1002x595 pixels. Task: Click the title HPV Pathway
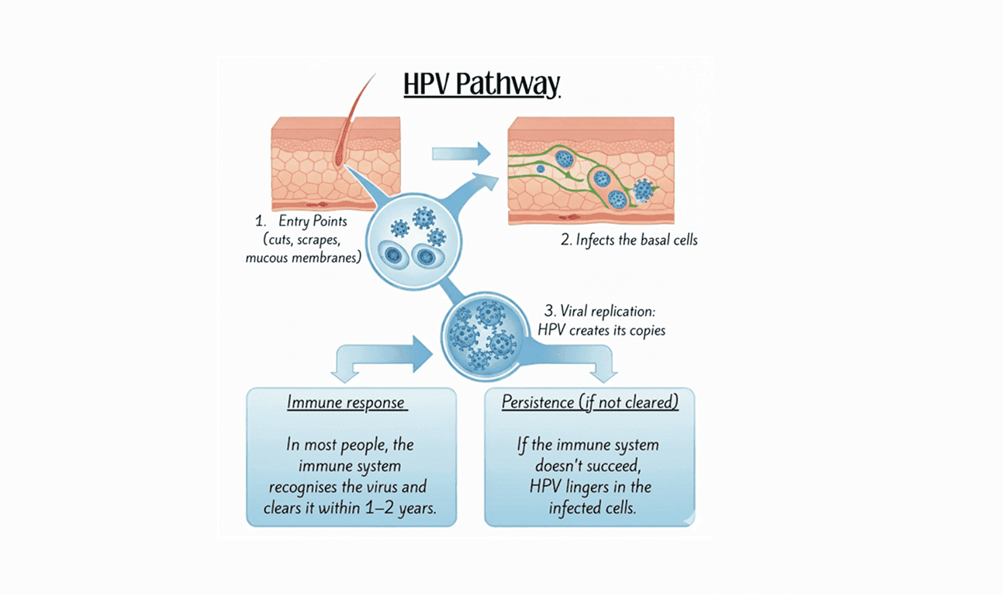click(x=481, y=84)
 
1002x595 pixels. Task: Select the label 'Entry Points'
click(x=313, y=222)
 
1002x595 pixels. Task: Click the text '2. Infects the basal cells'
click(x=629, y=239)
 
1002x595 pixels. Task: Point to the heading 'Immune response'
click(x=346, y=403)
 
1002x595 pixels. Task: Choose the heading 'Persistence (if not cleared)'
click(x=589, y=403)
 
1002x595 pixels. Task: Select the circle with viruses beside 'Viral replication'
click(x=482, y=335)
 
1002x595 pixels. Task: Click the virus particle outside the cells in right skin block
click(x=643, y=189)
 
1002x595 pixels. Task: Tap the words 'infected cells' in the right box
click(x=589, y=508)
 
